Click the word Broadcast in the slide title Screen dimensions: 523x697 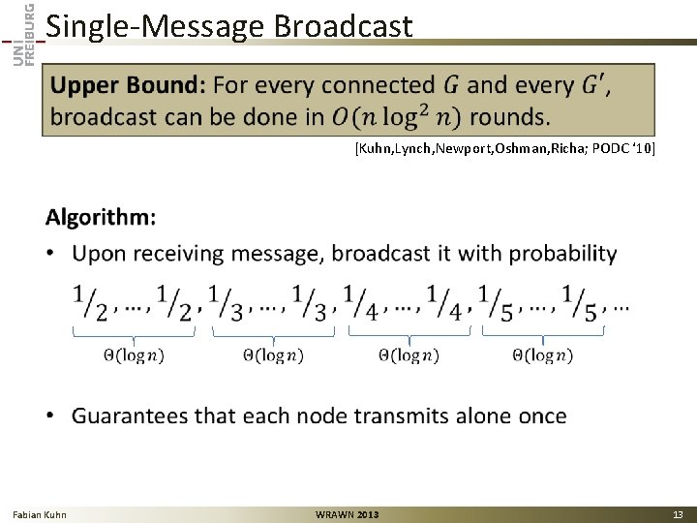tap(343, 26)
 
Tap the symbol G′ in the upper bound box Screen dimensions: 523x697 tap(594, 85)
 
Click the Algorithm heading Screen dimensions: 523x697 tap(100, 217)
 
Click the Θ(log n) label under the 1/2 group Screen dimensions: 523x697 tap(134, 355)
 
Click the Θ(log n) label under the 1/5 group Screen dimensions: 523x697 tap(542, 355)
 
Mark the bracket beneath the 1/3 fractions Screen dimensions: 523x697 tap(272, 333)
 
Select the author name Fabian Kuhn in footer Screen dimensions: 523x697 tap(40, 514)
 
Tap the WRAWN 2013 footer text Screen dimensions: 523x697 tap(348, 514)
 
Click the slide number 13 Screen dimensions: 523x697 tap(678, 514)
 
